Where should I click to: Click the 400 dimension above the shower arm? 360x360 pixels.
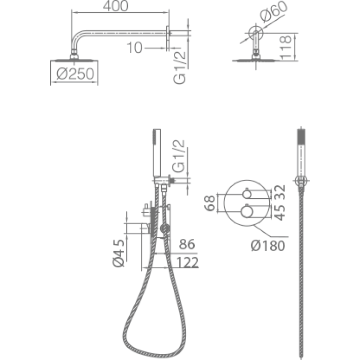116,6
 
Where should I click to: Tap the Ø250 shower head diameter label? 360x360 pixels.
76,74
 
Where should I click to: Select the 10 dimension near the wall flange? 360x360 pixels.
134,48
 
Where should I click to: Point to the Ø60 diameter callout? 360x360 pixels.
274,12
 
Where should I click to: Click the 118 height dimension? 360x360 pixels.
285,48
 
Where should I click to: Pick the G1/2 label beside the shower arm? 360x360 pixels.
179,67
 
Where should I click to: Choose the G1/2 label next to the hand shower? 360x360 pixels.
178,156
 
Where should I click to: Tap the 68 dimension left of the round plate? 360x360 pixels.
209,203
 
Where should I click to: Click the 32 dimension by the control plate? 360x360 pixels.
280,192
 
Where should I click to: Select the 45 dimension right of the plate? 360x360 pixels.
280,212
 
